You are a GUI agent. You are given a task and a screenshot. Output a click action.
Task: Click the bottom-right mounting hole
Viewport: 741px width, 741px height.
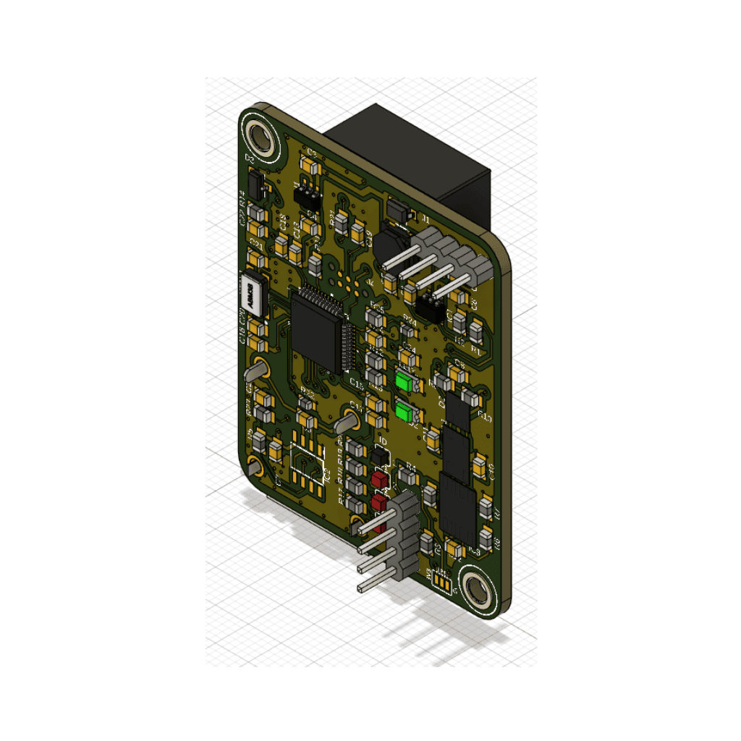[477, 590]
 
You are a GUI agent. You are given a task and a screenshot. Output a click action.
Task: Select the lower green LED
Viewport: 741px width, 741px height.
[405, 413]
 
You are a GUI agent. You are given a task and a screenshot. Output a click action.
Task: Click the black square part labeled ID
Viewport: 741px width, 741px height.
[380, 455]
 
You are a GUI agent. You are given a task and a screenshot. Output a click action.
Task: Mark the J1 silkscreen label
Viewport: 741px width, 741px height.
[425, 219]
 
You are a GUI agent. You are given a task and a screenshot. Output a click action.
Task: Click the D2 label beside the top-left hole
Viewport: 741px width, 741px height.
[250, 158]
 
